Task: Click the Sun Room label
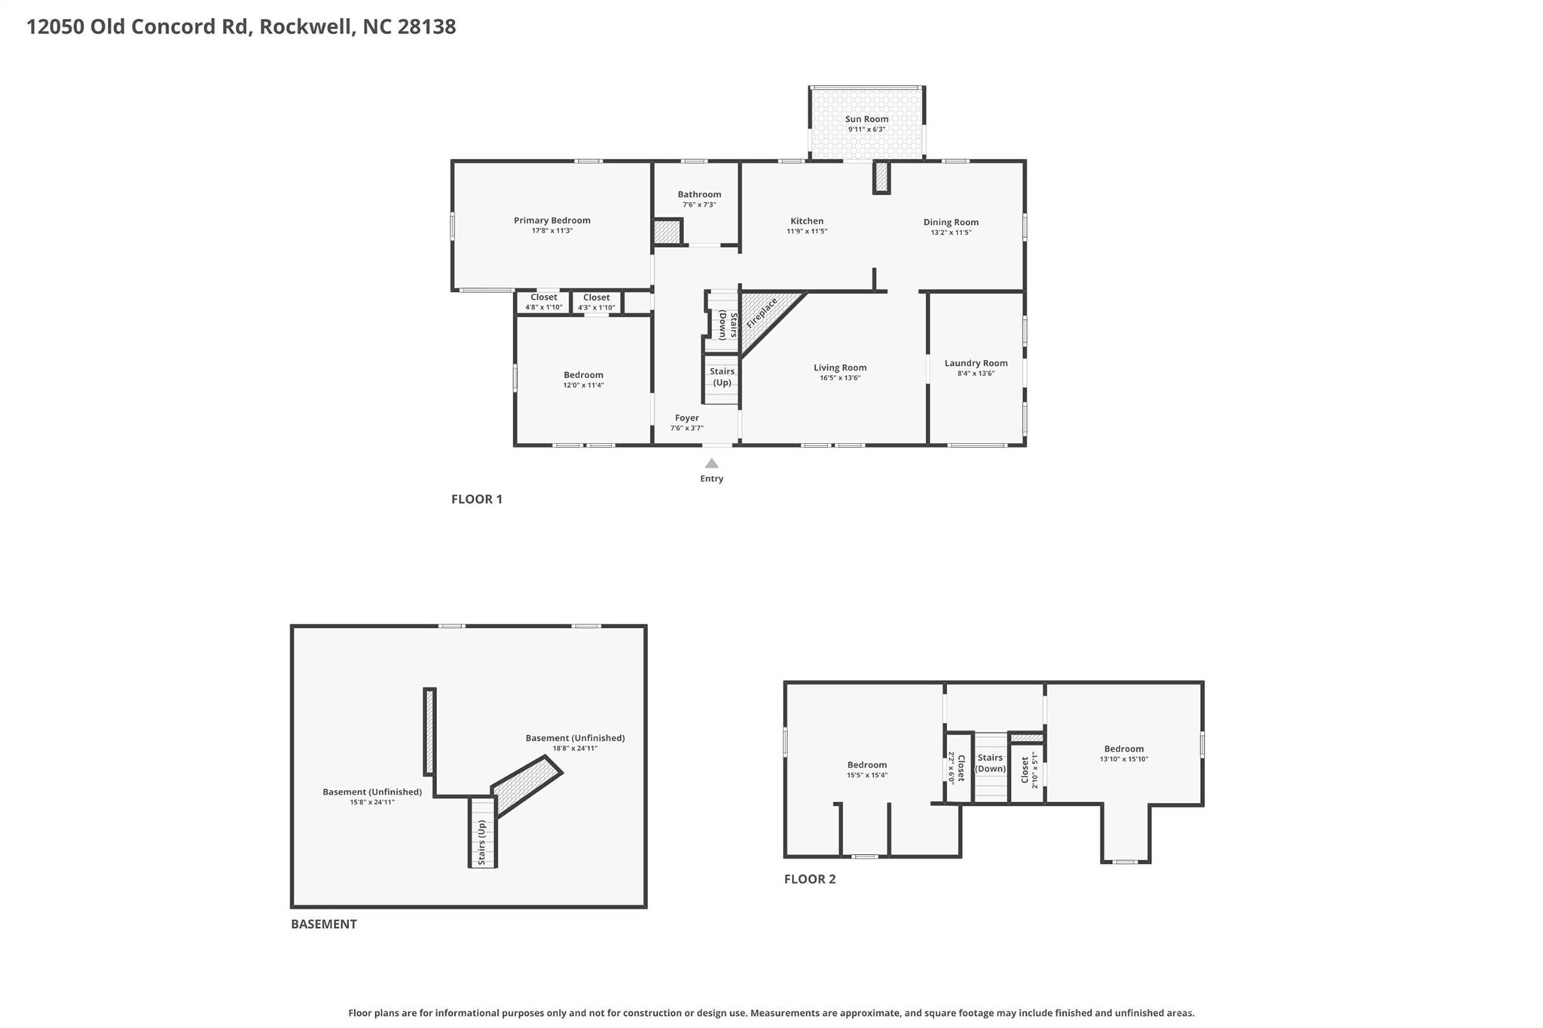coord(866,119)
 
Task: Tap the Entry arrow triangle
coord(711,463)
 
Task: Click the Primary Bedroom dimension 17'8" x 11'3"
coord(552,230)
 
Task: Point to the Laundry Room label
coord(976,363)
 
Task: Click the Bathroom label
coord(699,194)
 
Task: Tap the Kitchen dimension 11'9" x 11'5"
coord(807,231)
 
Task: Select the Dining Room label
coord(951,222)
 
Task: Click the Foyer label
coord(686,418)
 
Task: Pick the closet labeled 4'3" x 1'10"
coord(597,302)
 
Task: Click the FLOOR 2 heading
coord(810,879)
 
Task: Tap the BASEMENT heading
coord(324,924)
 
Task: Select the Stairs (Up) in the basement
coord(482,833)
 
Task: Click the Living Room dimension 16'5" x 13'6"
coord(840,378)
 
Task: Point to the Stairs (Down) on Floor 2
coord(990,767)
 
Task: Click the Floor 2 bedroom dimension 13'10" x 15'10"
coord(1124,759)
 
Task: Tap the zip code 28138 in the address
coord(426,27)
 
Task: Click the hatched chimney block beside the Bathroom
coord(667,231)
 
